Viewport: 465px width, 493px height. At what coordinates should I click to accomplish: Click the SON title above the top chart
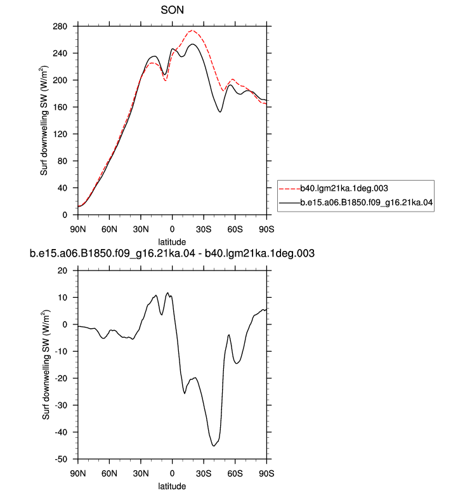pyautogui.click(x=172, y=10)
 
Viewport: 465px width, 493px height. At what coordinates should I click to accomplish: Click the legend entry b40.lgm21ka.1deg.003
pyautogui.click(x=344, y=188)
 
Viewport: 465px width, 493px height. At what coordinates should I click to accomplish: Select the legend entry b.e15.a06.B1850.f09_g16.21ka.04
pyautogui.click(x=367, y=203)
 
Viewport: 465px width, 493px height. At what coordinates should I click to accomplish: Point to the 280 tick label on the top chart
pyautogui.click(x=60, y=27)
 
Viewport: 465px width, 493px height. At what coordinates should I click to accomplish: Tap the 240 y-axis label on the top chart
pyautogui.click(x=60, y=53)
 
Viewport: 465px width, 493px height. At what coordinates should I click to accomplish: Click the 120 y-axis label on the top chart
pyautogui.click(x=60, y=134)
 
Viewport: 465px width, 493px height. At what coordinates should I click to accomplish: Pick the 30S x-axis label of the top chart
pyautogui.click(x=204, y=229)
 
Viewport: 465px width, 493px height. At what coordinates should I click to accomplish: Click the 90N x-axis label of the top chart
pyautogui.click(x=78, y=229)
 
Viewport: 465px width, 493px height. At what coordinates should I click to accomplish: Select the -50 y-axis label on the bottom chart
pyautogui.click(x=61, y=459)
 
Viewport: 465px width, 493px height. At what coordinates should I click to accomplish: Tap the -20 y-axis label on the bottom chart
pyautogui.click(x=61, y=378)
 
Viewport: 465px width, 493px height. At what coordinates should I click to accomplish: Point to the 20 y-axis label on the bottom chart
pyautogui.click(x=62, y=271)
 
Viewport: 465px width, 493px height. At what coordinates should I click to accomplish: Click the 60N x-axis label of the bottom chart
pyautogui.click(x=109, y=473)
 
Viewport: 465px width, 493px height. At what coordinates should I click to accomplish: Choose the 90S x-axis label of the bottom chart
pyautogui.click(x=266, y=473)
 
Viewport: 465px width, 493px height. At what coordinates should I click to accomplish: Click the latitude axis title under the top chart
pyautogui.click(x=172, y=242)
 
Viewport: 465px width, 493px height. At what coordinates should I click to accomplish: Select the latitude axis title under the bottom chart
pyautogui.click(x=172, y=486)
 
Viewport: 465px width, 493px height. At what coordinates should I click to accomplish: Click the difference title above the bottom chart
pyautogui.click(x=172, y=253)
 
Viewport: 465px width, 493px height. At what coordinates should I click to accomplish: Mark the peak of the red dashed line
pyautogui.click(x=192, y=30)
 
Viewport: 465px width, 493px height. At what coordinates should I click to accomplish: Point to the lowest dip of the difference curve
pyautogui.click(x=214, y=446)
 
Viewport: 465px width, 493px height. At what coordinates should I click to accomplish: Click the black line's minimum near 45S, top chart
pyautogui.click(x=220, y=112)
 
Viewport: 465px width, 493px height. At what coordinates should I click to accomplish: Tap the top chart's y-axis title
pyautogui.click(x=44, y=120)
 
